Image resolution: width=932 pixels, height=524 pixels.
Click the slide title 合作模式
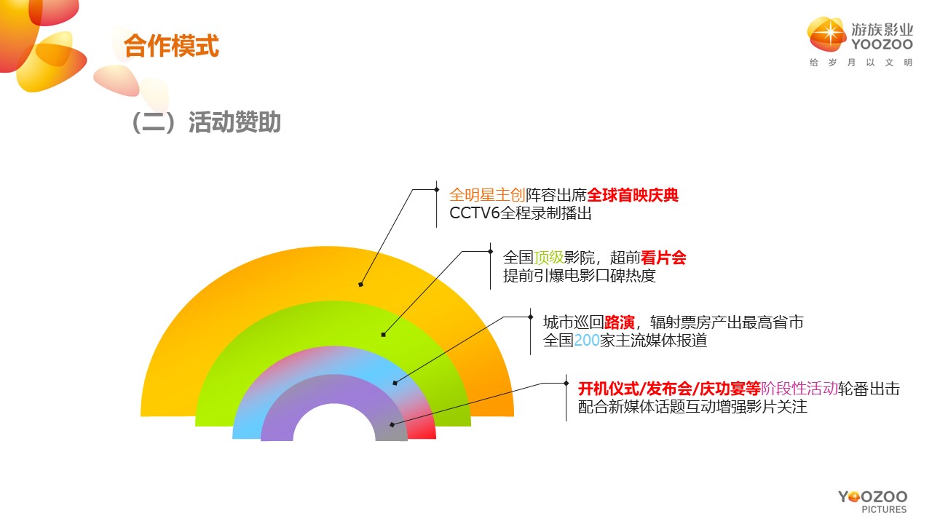coord(171,45)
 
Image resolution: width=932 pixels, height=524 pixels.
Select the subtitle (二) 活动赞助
coord(206,122)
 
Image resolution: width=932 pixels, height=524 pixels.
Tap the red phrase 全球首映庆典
coord(633,195)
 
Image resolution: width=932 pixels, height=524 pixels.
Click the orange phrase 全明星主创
coord(487,195)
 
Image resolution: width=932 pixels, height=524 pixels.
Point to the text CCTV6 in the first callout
coord(474,213)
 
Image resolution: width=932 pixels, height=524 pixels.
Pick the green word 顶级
coord(548,258)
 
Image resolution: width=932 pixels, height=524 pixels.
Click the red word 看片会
coord(663,258)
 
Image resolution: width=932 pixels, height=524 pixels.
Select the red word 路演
coord(619,322)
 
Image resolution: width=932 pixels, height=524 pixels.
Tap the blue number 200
coord(587,341)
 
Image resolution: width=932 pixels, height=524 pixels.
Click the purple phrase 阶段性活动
coord(799,389)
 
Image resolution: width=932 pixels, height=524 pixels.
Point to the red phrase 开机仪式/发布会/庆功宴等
coord(669,389)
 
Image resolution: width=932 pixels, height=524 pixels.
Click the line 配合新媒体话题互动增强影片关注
coord(692,407)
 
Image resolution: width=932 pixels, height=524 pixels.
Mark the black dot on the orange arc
coord(360,285)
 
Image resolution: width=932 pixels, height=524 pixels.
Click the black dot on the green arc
coord(383,335)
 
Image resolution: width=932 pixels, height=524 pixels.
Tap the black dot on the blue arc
coord(395,383)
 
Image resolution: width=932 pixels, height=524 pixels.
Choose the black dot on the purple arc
coord(392,424)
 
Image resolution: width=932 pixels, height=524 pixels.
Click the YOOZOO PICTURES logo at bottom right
coord(872,501)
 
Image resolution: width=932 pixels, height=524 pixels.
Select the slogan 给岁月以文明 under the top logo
coord(861,63)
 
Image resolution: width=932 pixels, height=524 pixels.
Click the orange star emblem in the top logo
coord(826,33)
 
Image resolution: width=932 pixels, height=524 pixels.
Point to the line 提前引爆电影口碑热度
coord(580,276)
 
